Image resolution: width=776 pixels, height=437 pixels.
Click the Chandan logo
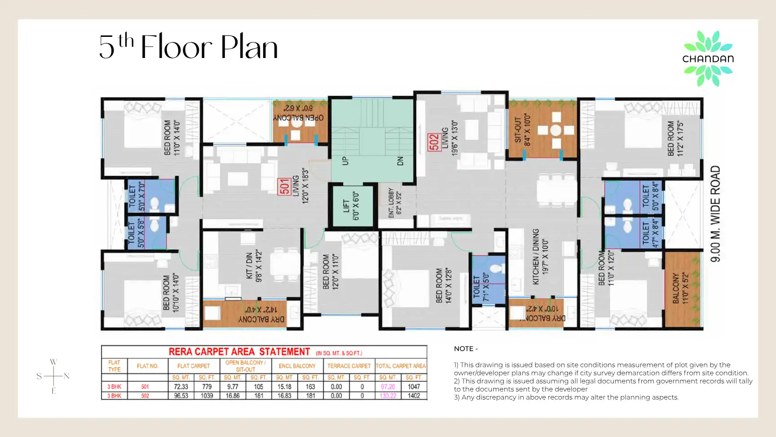pos(708,58)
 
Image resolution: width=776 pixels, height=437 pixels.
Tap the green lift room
pos(353,207)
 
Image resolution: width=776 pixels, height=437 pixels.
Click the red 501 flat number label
pos(284,186)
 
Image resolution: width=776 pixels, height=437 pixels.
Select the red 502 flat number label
pos(434,143)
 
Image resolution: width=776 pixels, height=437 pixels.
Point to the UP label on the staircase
pos(345,161)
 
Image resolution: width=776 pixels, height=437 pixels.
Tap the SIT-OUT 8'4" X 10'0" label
pos(523,130)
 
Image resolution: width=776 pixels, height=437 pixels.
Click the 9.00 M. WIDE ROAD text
pos(715,214)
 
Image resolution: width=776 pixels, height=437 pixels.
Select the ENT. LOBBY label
pos(395,203)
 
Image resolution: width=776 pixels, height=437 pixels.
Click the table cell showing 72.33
pos(181,387)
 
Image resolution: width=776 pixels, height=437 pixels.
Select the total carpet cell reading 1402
pos(414,396)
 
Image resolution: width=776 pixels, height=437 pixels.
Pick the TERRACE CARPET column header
pos(349,366)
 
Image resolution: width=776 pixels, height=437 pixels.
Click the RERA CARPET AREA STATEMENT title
pos(239,352)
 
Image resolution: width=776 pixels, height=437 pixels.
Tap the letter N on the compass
pos(66,376)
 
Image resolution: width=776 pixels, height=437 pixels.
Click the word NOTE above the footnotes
pos(466,349)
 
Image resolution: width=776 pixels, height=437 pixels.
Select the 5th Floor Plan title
pos(189,47)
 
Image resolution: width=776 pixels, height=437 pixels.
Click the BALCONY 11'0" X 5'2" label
pos(680,288)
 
